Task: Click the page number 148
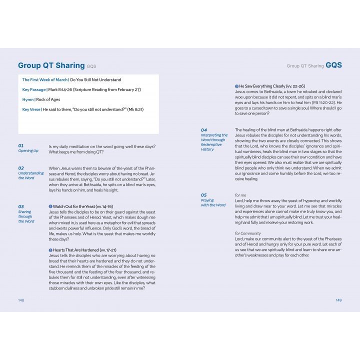(21, 300)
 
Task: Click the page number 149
(338, 300)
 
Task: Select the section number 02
(21, 168)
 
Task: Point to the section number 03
(21, 206)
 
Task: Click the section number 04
(204, 130)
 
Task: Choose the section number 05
(204, 195)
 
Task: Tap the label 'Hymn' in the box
(28, 99)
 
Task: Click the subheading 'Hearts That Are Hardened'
(76, 249)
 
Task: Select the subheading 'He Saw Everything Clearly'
(265, 86)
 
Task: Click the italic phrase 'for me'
(240, 194)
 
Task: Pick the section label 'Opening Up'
(28, 150)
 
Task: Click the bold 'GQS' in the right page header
(334, 65)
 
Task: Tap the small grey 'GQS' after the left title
(91, 66)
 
